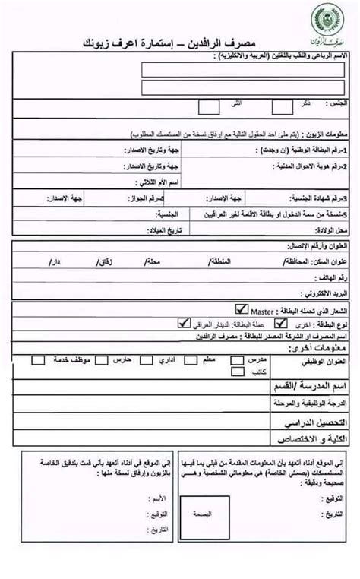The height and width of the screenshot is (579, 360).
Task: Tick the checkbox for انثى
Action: tap(208, 106)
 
